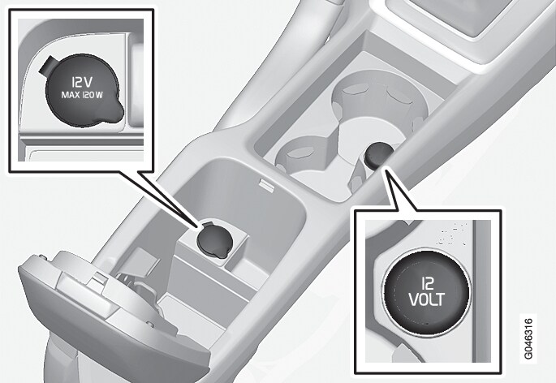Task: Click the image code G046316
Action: coord(531,337)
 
